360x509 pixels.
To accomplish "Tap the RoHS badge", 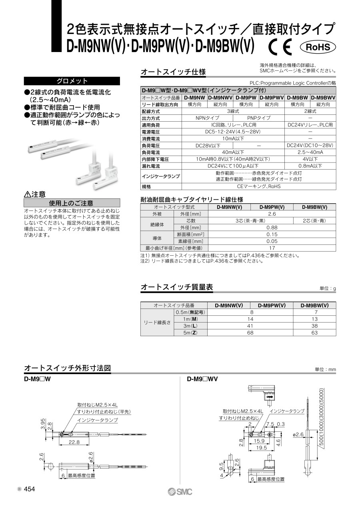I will point(318,47).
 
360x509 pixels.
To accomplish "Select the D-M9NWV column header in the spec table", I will point(221,97).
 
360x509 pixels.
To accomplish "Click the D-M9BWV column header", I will point(323,97).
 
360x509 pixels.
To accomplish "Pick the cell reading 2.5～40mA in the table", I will point(310,152).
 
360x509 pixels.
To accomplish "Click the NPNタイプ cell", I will point(207,118).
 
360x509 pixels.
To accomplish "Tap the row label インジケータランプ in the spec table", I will point(161,176).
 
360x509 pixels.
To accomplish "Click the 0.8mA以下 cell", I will point(310,166).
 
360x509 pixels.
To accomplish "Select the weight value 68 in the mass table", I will point(250,333).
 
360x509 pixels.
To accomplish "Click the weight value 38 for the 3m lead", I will point(314,326).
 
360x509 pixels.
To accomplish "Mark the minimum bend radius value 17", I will point(272,248).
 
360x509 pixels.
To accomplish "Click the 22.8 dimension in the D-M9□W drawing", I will point(74,442).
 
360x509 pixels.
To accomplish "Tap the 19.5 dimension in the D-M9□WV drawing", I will point(262,448).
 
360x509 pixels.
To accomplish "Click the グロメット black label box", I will point(72,81).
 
